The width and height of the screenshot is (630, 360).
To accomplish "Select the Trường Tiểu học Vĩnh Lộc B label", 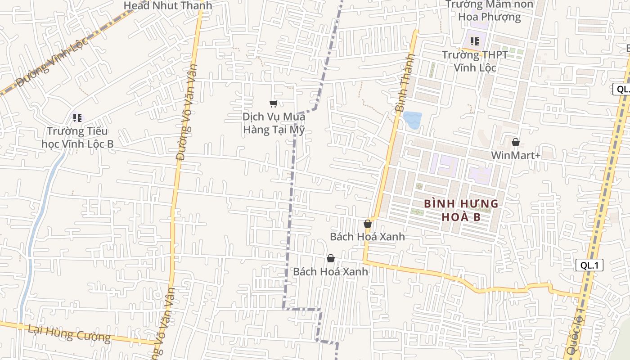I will [x=77, y=137].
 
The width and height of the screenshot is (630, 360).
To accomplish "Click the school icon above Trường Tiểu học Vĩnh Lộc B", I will [x=77, y=118].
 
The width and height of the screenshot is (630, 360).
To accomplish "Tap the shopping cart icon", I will [x=273, y=104].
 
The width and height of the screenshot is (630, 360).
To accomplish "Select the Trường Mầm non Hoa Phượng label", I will [x=489, y=11].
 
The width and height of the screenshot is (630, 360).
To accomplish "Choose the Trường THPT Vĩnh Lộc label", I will [x=475, y=61].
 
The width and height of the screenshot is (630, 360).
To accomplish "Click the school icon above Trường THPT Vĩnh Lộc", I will [x=475, y=41].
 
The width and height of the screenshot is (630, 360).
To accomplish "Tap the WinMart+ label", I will [x=516, y=155].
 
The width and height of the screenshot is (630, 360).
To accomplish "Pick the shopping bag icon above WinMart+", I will [x=516, y=142].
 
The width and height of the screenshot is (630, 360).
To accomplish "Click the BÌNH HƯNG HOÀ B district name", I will [x=461, y=210].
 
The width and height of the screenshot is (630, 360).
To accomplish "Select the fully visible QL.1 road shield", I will [x=589, y=265].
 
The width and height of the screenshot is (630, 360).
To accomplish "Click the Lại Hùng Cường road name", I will [x=69, y=333].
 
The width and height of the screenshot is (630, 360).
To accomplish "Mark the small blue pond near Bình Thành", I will [x=412, y=120].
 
